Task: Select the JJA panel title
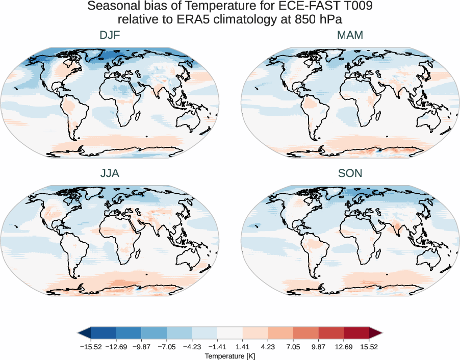[110, 173]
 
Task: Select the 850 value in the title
[303, 20]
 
